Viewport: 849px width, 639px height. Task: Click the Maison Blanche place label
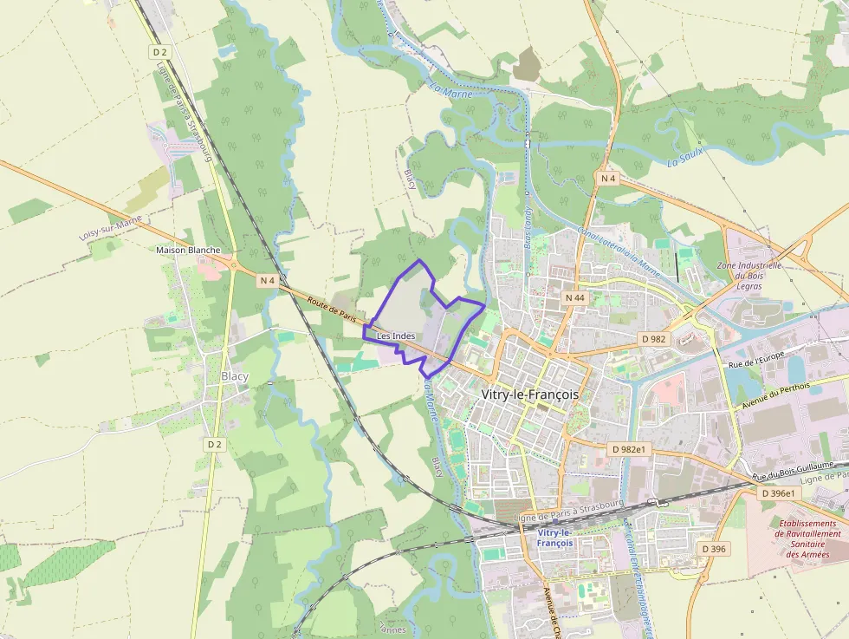click(187, 250)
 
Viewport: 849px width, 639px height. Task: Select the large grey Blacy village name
click(235, 376)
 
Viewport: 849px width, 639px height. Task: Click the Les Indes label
click(395, 336)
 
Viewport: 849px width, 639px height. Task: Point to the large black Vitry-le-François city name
click(529, 393)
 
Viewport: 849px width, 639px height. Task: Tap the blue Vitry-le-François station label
click(554, 537)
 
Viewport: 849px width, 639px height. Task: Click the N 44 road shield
click(575, 297)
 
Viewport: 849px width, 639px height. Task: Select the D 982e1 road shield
click(628, 449)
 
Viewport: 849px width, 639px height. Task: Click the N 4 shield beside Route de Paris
click(267, 280)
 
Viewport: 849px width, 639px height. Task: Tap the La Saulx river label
click(685, 157)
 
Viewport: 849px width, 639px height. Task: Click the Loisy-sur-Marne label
click(111, 228)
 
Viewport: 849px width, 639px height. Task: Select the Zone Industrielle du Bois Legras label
click(750, 275)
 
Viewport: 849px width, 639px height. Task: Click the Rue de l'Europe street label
click(756, 356)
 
